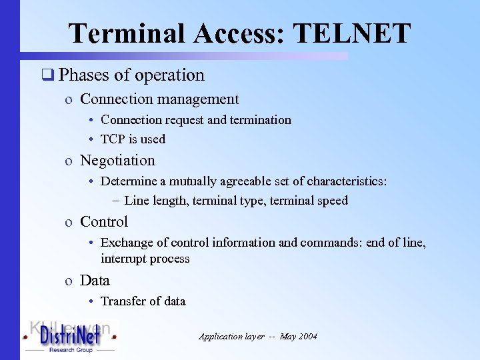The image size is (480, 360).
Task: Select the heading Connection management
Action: [159, 99]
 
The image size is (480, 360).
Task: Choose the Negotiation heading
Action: [117, 161]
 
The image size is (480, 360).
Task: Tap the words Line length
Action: [156, 201]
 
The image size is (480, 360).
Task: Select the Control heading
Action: [104, 222]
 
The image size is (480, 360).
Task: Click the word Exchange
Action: [126, 243]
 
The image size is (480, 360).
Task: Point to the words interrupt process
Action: [145, 259]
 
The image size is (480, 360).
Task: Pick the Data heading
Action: [95, 281]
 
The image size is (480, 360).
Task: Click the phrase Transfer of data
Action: [143, 301]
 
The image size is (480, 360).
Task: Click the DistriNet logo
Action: [70, 337]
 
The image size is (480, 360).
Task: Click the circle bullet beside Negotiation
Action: [69, 161]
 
